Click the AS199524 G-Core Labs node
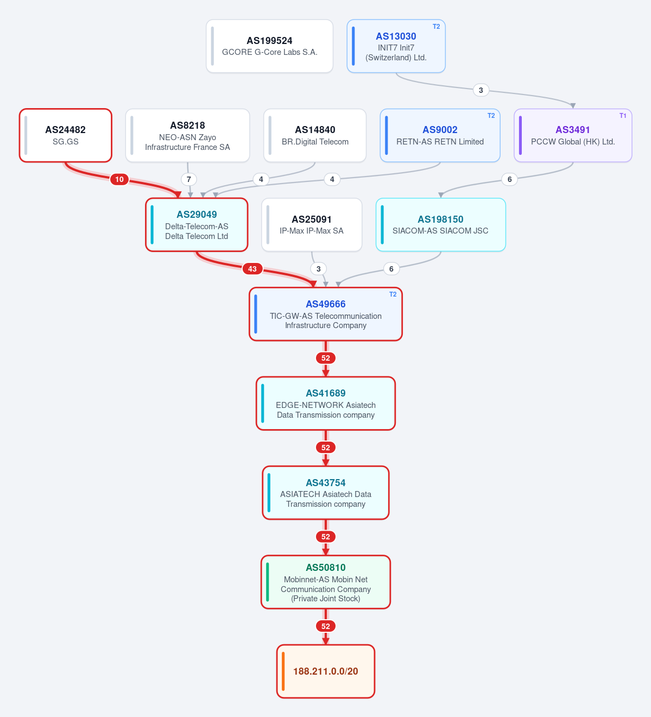coord(269,46)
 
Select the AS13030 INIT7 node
coord(396,46)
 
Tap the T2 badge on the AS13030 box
coord(437,27)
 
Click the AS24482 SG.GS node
coord(66,135)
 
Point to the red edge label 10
coord(119,179)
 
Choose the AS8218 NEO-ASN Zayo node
coord(187,135)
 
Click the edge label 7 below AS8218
coord(188,179)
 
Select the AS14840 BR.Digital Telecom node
coord(315,135)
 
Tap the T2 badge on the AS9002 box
coord(491,116)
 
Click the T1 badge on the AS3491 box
coord(623,116)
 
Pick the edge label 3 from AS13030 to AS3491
coord(481,90)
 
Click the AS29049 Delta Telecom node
coord(197,225)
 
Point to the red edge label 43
coord(252,269)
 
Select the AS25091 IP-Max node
coord(312,225)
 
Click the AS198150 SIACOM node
coord(440,225)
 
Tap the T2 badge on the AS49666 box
coord(393,294)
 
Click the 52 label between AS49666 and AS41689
coord(326,358)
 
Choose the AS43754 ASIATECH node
coord(326,493)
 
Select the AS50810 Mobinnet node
coord(326,582)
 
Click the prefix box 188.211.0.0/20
coord(326,671)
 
